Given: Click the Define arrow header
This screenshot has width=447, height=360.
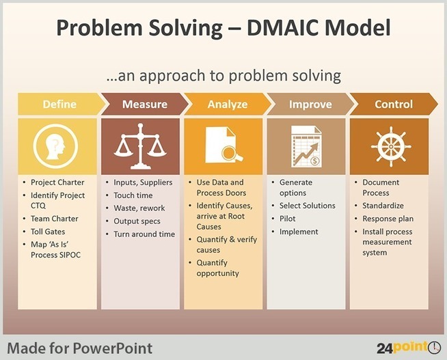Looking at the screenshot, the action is [60, 104].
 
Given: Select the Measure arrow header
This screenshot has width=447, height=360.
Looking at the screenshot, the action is [144, 104].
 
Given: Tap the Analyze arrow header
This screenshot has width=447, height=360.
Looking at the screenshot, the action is [228, 104].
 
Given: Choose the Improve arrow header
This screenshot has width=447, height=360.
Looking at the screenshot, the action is [310, 104].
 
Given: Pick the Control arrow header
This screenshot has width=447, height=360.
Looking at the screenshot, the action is [394, 104].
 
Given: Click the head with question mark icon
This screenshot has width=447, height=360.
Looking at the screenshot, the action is [56, 146].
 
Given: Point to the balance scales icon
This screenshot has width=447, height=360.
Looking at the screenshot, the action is [140, 146].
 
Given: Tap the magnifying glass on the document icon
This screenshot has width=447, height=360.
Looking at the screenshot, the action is [232, 154].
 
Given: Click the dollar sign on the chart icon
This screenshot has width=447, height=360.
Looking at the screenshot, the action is [314, 161].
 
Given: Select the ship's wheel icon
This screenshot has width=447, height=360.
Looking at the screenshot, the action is [391, 147].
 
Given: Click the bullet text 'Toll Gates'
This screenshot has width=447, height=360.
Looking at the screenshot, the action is [48, 232].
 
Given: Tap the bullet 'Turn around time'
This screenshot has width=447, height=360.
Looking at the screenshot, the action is [144, 234].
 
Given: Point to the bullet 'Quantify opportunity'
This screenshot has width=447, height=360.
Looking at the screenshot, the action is [218, 268].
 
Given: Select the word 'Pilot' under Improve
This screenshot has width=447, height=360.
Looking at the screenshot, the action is [287, 219].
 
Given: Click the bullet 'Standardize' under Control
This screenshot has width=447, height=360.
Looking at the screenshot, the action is [383, 206].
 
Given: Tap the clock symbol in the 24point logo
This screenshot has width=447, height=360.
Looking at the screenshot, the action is [434, 348].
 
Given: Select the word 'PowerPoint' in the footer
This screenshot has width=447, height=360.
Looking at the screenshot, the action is [112, 348].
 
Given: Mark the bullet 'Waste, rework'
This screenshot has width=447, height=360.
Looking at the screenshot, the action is [139, 208].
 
